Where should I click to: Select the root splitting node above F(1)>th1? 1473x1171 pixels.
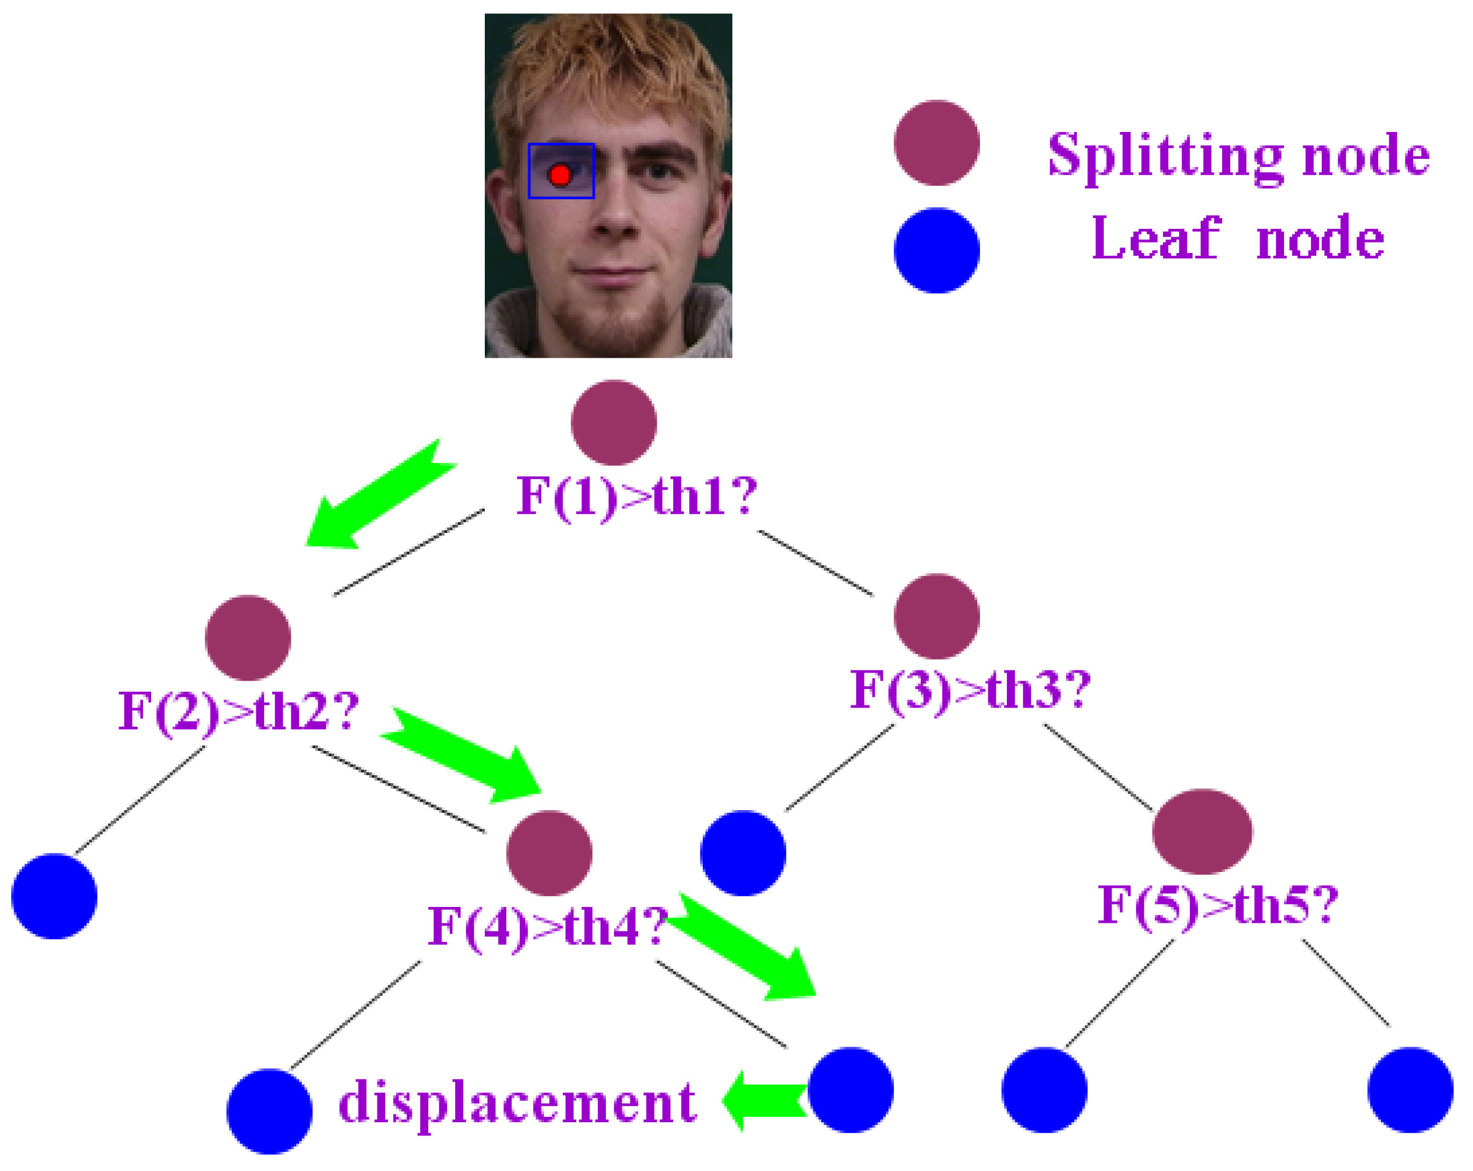pos(614,422)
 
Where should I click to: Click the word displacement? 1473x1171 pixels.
pos(517,1102)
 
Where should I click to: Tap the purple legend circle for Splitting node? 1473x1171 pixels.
pos(936,143)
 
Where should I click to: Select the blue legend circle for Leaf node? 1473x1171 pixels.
pos(936,251)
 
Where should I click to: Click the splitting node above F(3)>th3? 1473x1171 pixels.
pos(936,616)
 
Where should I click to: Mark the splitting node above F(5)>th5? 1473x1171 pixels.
pos(1202,831)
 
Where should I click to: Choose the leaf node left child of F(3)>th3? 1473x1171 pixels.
pos(743,853)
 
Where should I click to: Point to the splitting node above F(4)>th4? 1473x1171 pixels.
pos(549,853)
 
